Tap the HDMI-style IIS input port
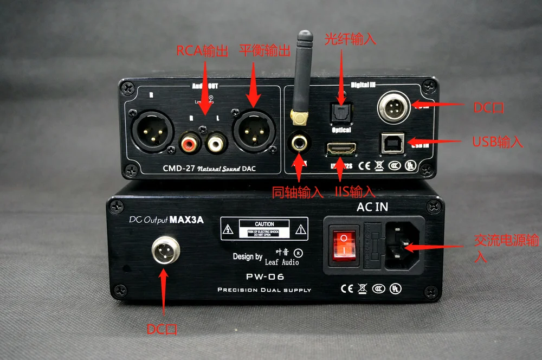tap(341, 147)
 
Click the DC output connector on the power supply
tap(164, 250)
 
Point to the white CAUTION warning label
tap(264, 228)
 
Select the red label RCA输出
tap(203, 51)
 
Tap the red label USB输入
tap(498, 142)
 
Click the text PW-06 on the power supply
tap(264, 277)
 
